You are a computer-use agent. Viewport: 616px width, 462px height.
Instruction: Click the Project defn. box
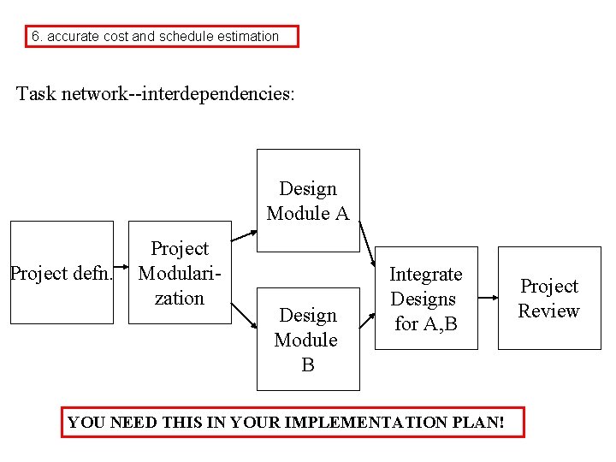61,273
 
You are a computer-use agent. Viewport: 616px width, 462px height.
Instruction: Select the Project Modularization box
180,273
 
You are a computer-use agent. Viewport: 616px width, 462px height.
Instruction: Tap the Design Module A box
308,201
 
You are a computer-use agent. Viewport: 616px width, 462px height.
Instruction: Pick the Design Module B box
308,340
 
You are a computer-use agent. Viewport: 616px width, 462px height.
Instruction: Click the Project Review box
549,298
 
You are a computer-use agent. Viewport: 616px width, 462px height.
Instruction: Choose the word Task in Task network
35,93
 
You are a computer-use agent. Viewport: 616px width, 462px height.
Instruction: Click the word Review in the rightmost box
549,311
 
